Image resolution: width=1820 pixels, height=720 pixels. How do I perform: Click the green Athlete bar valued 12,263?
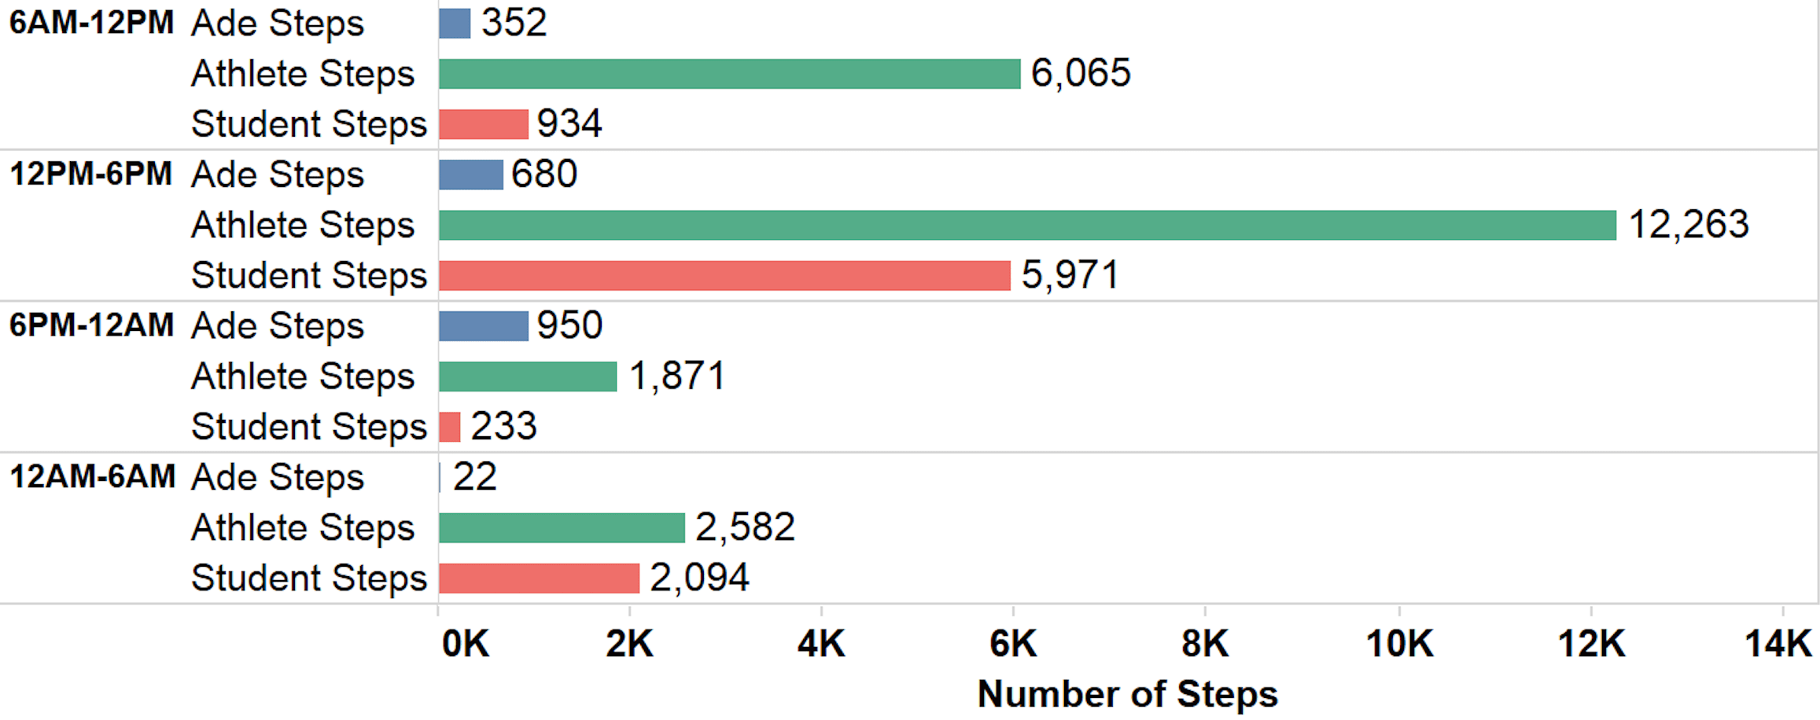coord(1026,225)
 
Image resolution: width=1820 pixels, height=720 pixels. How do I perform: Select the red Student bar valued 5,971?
coord(724,275)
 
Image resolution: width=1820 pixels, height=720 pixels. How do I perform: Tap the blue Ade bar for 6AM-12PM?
coord(455,23)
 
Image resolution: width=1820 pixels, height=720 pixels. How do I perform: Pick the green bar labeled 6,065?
coord(729,74)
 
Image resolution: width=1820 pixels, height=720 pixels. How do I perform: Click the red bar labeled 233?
coord(449,427)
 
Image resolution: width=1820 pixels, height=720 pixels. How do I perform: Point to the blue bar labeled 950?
coord(483,326)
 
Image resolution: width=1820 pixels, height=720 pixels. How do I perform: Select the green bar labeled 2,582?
coord(562,527)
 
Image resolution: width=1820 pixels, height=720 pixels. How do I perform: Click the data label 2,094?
coord(699,578)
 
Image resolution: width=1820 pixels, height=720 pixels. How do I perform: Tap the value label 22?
coord(474,477)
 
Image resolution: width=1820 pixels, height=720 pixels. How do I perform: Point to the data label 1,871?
coord(677,376)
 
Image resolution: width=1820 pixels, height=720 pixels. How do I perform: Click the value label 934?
coord(569,123)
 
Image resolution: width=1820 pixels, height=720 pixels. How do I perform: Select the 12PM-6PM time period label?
coord(90,174)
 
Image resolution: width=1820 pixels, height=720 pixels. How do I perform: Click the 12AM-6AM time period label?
coord(92,476)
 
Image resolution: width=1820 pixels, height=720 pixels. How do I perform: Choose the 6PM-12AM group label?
coord(91,325)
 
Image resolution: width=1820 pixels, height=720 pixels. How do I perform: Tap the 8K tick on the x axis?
coord(1204,644)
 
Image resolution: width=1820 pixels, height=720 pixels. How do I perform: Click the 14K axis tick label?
coord(1778,644)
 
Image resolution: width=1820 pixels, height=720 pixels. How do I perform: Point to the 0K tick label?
coord(465,644)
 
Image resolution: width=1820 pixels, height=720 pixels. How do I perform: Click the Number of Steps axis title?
coord(1127,694)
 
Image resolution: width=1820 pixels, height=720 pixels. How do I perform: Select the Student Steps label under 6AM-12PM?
coord(308,124)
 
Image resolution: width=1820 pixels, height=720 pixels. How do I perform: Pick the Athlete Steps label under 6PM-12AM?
coord(303,377)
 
